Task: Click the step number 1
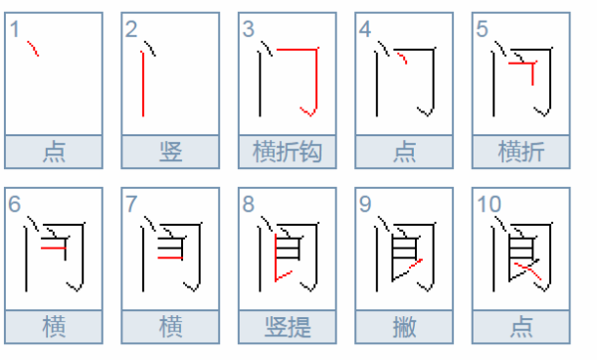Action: pyautogui.click(x=15, y=29)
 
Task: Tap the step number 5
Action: pyautogui.click(x=482, y=29)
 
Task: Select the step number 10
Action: pyautogui.click(x=489, y=204)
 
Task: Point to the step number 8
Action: pyautogui.click(x=248, y=204)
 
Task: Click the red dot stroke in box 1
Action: pyautogui.click(x=33, y=49)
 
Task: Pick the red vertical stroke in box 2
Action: pyautogui.click(x=142, y=84)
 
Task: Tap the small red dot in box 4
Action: pyautogui.click(x=402, y=59)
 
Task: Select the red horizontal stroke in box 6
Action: pyautogui.click(x=54, y=248)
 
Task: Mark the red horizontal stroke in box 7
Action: pyautogui.click(x=170, y=258)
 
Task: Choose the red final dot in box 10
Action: pyautogui.click(x=527, y=270)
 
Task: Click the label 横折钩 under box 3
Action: pyautogui.click(x=288, y=151)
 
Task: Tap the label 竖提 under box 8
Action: pyautogui.click(x=288, y=327)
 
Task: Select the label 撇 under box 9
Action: pyautogui.click(x=404, y=327)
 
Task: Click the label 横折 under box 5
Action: pyautogui.click(x=520, y=151)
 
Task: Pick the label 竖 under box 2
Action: pyautogui.click(x=170, y=151)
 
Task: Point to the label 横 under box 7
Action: pyautogui.click(x=170, y=327)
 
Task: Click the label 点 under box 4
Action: pyautogui.click(x=404, y=151)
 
